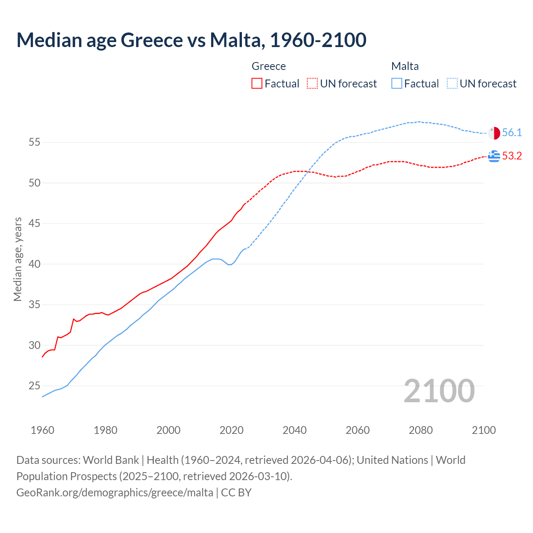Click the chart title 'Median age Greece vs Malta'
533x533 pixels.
pos(191,40)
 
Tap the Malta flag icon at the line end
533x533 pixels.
pos(494,133)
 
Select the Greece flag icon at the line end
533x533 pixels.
pos(494,156)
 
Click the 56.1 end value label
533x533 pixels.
pos(512,133)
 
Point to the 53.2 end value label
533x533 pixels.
pos(512,156)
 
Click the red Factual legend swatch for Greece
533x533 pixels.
pos(257,84)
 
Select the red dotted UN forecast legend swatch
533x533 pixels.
pos(312,84)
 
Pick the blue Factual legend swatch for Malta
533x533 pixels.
pos(397,84)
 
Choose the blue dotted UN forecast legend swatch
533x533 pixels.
pos(452,84)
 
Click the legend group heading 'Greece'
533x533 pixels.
pos(269,66)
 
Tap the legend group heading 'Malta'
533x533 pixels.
pos(405,66)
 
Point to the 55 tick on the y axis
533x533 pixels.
pos(35,142)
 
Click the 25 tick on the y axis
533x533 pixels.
pos(35,386)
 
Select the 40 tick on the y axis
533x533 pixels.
pos(35,264)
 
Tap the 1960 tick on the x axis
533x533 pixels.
pos(42,430)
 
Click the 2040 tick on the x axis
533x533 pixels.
pos(294,430)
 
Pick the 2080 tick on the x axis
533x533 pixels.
pos(421,430)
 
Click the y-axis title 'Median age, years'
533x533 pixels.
pos(17,259)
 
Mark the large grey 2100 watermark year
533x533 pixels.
pos(439,391)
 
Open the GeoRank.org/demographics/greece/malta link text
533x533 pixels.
pos(115,493)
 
